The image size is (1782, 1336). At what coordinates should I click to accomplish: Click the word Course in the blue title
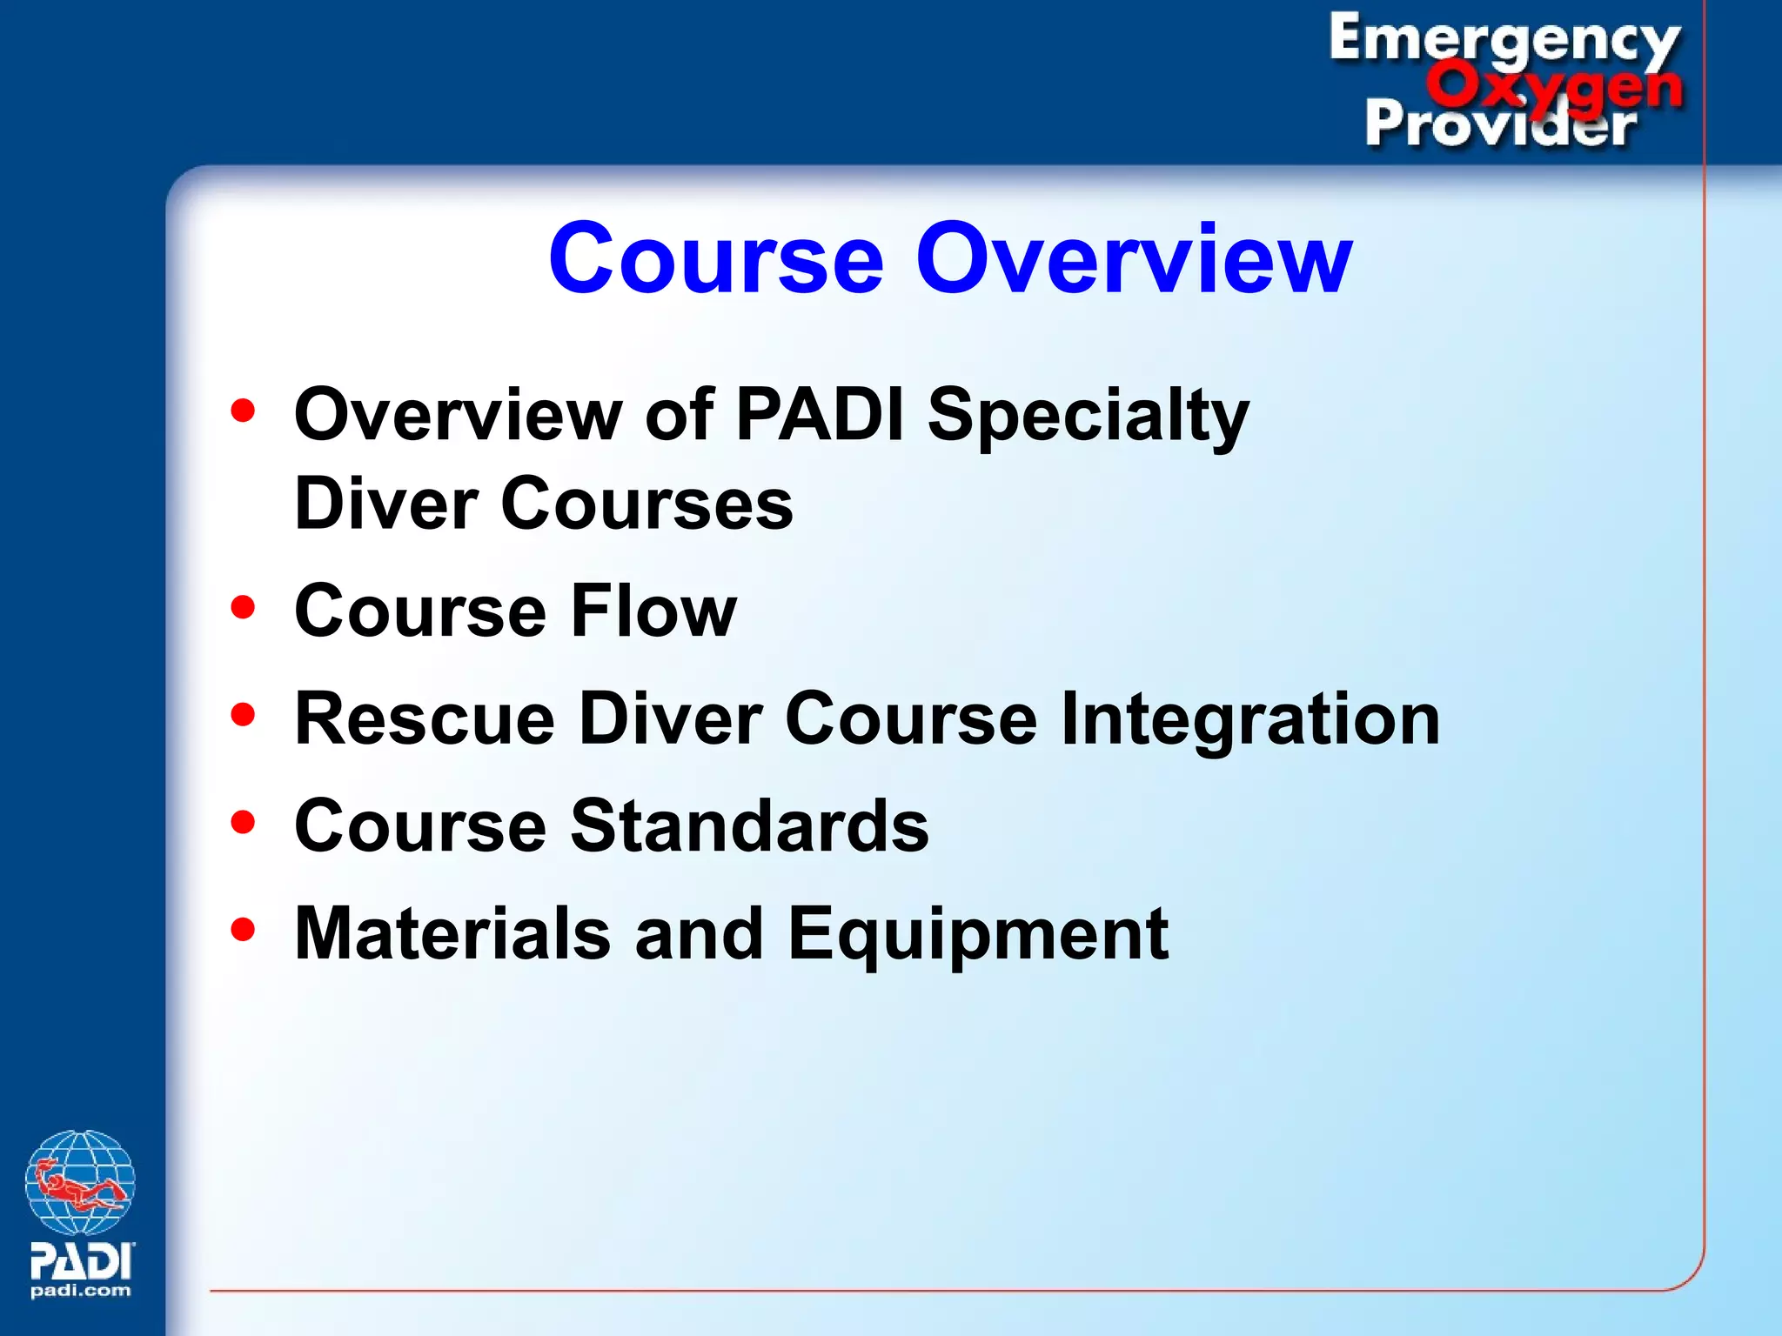point(715,258)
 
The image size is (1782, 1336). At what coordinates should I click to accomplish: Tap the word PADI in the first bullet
point(820,415)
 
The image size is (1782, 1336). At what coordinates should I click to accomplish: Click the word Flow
point(653,611)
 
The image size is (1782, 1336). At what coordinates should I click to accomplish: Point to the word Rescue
point(425,718)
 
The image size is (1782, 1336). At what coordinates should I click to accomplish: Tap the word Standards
point(749,825)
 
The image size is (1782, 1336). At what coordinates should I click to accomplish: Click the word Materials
point(452,933)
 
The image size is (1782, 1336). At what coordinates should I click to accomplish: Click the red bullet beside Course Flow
point(243,606)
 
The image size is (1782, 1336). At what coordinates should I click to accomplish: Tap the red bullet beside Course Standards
point(243,821)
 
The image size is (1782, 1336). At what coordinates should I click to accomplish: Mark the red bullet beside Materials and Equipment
point(243,929)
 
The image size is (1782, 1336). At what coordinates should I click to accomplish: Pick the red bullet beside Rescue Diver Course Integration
point(243,714)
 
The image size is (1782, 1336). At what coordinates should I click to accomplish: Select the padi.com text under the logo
point(80,1291)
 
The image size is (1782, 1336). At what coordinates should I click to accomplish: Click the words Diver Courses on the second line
point(544,504)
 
